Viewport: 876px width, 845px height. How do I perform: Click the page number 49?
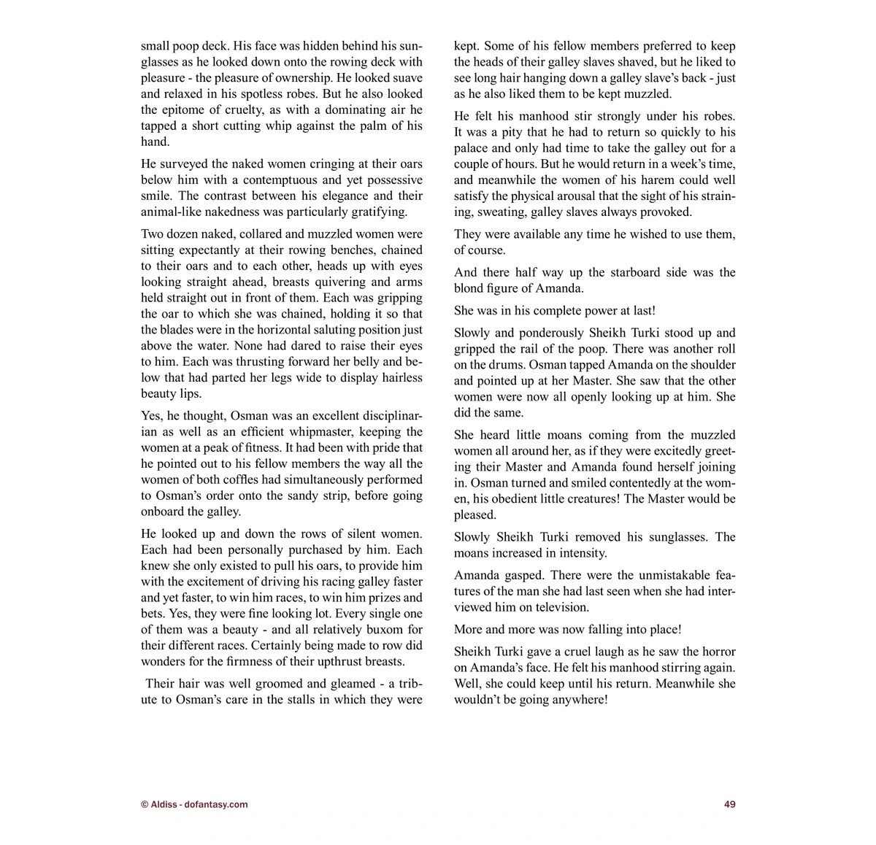729,804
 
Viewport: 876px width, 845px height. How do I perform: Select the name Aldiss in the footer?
164,804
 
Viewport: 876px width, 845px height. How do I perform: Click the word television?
562,607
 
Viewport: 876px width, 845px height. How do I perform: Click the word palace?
472,148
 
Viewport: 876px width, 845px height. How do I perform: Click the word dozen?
185,234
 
